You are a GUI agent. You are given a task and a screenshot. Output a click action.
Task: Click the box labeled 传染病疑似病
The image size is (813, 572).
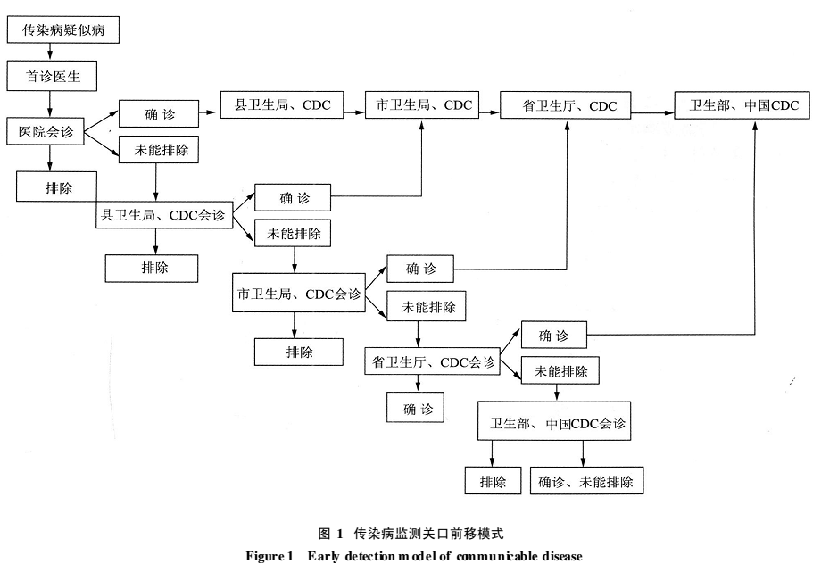click(x=63, y=29)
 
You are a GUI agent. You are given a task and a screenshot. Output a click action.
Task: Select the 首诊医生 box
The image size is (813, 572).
click(x=52, y=76)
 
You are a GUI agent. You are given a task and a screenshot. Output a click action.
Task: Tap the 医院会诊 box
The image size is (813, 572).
click(x=46, y=131)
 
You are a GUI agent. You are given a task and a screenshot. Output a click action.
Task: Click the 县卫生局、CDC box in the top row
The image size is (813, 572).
click(x=282, y=104)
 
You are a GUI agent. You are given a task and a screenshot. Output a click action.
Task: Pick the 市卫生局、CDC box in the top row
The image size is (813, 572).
click(x=422, y=104)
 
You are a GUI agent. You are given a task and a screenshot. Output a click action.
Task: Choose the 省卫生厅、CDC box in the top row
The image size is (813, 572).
click(x=565, y=106)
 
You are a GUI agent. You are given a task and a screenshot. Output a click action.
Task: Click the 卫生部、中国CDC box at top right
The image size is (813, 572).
click(x=742, y=106)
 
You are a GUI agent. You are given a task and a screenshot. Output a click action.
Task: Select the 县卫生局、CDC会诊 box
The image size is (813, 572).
click(x=164, y=215)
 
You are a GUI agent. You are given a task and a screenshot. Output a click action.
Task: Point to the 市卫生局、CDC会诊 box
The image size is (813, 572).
click(x=299, y=293)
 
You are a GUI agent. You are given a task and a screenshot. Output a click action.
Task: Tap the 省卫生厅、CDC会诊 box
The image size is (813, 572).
click(x=433, y=361)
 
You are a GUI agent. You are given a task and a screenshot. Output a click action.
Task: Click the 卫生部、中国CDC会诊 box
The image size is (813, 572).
click(x=554, y=421)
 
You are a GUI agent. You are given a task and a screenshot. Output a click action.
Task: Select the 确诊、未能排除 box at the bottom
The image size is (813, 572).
click(x=586, y=481)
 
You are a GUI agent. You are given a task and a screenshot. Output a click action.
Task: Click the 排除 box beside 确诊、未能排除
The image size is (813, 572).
click(x=493, y=481)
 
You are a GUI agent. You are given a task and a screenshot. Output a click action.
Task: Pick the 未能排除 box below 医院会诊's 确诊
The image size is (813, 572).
click(x=159, y=150)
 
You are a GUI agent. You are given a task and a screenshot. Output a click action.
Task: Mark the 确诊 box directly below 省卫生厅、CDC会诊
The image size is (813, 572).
click(x=415, y=408)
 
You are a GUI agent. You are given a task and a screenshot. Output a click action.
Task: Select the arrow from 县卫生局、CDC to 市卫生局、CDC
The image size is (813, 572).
click(x=354, y=112)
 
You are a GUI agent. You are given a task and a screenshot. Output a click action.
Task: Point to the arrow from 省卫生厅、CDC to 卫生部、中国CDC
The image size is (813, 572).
click(x=652, y=112)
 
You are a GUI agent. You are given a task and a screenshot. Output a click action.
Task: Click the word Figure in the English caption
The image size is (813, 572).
click(x=263, y=557)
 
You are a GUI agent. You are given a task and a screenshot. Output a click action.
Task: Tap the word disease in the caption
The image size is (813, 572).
click(x=562, y=556)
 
